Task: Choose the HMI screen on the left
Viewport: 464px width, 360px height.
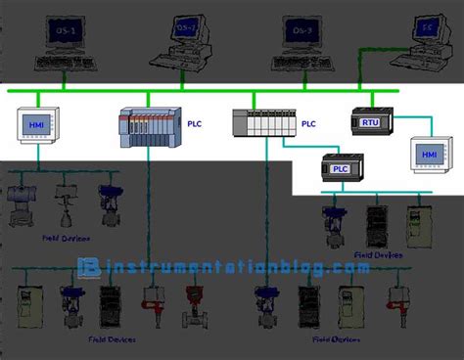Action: coord(38,126)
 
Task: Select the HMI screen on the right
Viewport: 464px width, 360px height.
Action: coord(431,155)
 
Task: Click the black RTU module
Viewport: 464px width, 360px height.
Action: coord(371,122)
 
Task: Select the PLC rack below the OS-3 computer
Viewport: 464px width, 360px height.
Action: coord(263,123)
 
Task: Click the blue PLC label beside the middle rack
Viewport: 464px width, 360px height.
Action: coord(309,124)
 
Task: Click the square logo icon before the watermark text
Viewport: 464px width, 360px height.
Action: coord(90,266)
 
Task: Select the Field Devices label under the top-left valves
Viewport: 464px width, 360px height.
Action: coord(61,237)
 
